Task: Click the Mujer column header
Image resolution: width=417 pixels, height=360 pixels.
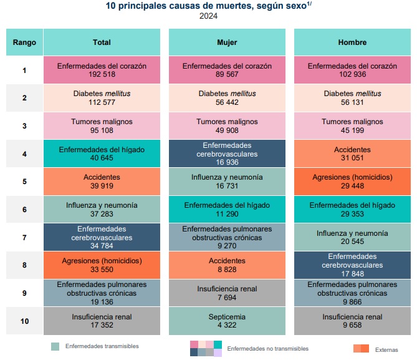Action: [x=227, y=42]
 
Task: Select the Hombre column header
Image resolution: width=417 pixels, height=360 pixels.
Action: [x=352, y=42]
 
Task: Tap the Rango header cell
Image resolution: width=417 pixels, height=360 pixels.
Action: [x=24, y=42]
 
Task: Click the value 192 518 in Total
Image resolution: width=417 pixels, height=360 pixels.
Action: [x=102, y=74]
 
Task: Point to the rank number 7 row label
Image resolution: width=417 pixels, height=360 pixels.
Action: [x=24, y=238]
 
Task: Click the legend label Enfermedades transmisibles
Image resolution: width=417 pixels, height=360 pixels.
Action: [x=102, y=346]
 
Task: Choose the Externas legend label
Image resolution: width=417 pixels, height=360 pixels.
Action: [x=386, y=349]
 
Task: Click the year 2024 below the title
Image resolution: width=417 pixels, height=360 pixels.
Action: [x=208, y=17]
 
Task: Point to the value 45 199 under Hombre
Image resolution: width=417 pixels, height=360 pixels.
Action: [x=352, y=130]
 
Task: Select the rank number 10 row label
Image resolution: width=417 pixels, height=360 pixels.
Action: [x=24, y=321]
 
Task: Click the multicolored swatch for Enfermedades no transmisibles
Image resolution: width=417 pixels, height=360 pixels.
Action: [x=205, y=348]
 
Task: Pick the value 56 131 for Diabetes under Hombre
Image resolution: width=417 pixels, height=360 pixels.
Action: [x=352, y=102]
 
